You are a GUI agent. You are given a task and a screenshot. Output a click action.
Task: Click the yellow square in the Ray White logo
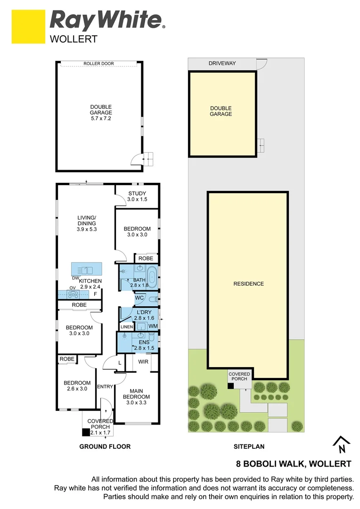28,27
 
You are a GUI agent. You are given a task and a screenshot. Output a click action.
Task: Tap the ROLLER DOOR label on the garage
98,64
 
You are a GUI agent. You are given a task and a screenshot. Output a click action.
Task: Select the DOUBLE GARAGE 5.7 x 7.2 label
101,113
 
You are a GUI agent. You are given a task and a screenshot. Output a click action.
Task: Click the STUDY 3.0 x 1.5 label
137,196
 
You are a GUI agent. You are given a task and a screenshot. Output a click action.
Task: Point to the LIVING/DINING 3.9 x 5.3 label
87,223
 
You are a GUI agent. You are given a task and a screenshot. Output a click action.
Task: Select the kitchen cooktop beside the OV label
74,295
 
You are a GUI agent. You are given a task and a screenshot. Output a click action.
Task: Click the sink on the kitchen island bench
87,270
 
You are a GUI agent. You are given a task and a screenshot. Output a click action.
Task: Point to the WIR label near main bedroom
144,362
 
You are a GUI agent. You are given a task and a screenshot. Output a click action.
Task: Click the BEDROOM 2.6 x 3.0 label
77,386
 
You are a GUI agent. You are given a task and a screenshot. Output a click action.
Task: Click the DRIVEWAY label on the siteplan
222,64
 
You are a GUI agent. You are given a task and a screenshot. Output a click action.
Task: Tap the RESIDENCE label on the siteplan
248,284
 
